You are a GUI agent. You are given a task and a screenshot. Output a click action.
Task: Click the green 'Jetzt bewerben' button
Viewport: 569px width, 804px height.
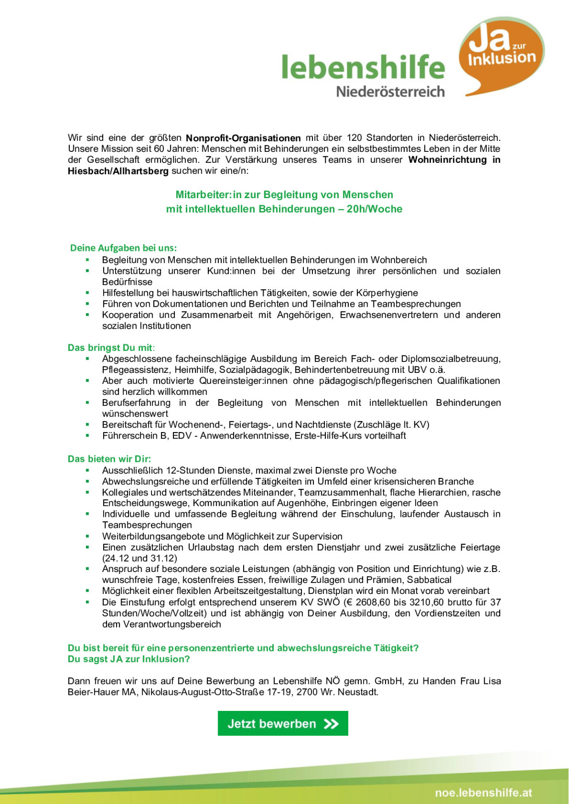pyautogui.click(x=283, y=723)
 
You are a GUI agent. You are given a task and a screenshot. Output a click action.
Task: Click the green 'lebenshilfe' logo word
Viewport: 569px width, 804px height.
pyautogui.click(x=363, y=67)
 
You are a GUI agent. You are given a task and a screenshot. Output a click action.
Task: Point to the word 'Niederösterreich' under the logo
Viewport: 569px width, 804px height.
pyautogui.click(x=390, y=91)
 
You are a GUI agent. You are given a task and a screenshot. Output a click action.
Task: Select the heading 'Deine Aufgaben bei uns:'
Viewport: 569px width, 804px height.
pyautogui.click(x=123, y=248)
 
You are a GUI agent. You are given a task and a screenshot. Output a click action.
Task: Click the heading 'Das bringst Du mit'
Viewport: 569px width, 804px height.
pyautogui.click(x=110, y=348)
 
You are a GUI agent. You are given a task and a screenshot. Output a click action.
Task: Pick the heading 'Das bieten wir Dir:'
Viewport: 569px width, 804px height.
pyautogui.click(x=109, y=459)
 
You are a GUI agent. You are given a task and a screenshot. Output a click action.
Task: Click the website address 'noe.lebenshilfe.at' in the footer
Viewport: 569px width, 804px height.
pyautogui.click(x=483, y=792)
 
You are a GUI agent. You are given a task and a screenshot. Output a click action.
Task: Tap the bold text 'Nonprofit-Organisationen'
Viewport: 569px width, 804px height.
pyautogui.click(x=243, y=138)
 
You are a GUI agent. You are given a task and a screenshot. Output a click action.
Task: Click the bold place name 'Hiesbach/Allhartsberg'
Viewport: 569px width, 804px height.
pyautogui.click(x=118, y=171)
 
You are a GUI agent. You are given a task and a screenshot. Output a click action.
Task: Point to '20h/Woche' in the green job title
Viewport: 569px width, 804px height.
pyautogui.click(x=374, y=209)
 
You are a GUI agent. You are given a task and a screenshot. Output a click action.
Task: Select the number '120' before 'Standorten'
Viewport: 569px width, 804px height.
pyautogui.click(x=354, y=138)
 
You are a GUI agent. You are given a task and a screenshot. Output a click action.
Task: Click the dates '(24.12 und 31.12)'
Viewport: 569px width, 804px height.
pyautogui.click(x=139, y=558)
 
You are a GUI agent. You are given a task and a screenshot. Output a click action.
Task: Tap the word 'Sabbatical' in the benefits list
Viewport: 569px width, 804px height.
pyautogui.click(x=429, y=580)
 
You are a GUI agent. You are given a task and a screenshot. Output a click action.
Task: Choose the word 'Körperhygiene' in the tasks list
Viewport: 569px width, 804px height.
pyautogui.click(x=388, y=293)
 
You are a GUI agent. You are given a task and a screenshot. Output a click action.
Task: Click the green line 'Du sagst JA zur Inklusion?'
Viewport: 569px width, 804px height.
pyautogui.click(x=128, y=659)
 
